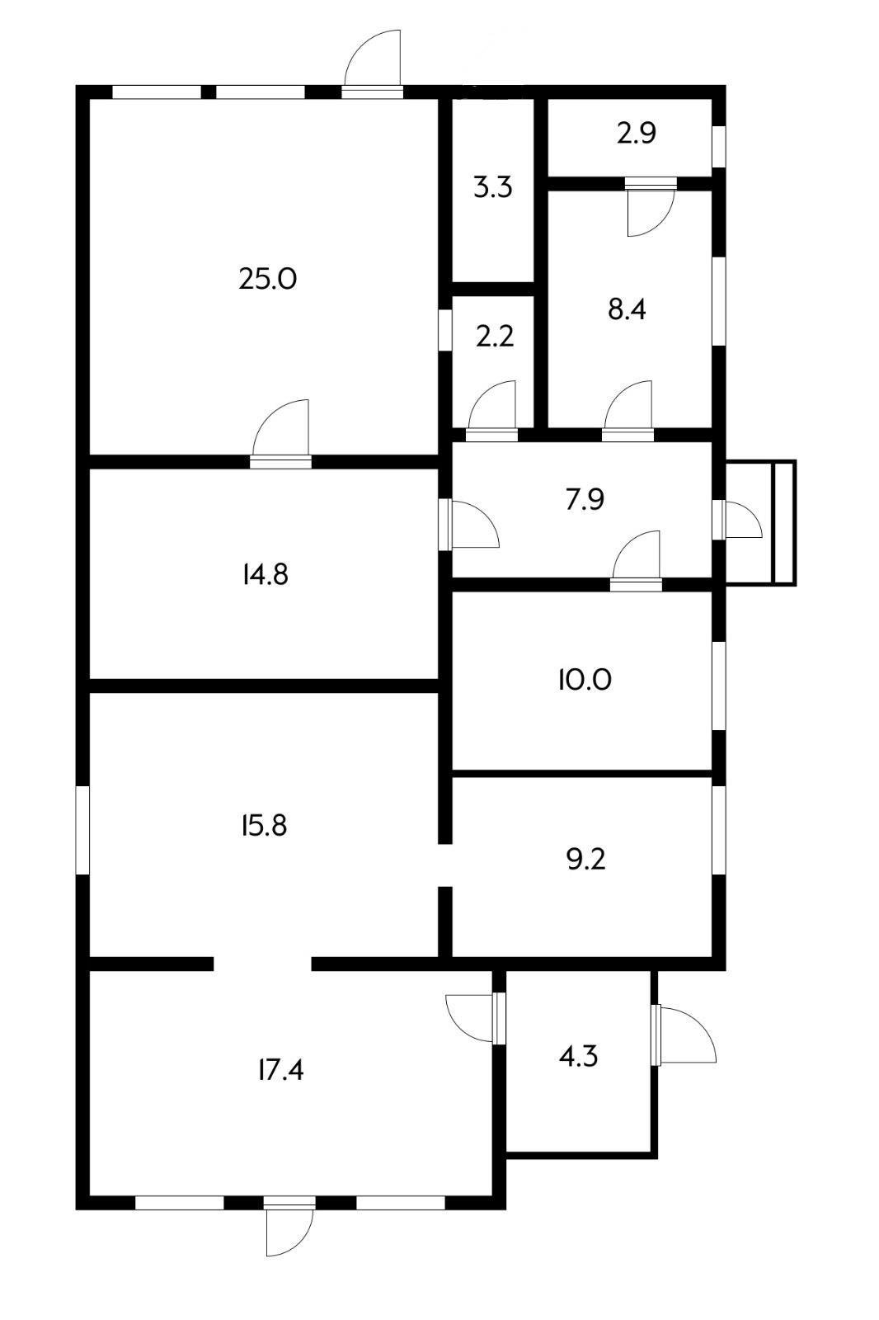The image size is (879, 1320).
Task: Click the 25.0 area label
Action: pyautogui.click(x=267, y=279)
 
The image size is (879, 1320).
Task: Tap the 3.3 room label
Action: pyautogui.click(x=493, y=187)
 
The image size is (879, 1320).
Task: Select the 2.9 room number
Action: pyautogui.click(x=637, y=133)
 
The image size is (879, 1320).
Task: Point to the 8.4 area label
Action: pyautogui.click(x=627, y=309)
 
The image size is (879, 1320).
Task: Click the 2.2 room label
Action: pyautogui.click(x=495, y=337)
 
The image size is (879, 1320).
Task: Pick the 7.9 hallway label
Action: pyautogui.click(x=585, y=499)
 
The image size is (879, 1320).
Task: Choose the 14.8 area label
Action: pyautogui.click(x=266, y=574)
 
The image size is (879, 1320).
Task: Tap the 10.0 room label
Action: pyautogui.click(x=585, y=680)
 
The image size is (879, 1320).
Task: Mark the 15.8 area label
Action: pyautogui.click(x=264, y=826)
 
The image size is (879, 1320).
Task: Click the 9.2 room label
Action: pyautogui.click(x=585, y=860)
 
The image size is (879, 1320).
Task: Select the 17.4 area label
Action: pyautogui.click(x=280, y=1069)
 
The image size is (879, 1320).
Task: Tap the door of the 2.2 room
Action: pyautogui.click(x=491, y=412)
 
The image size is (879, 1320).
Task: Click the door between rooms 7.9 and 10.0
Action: pyautogui.click(x=636, y=560)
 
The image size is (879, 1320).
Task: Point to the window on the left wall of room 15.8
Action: pyautogui.click(x=83, y=830)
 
